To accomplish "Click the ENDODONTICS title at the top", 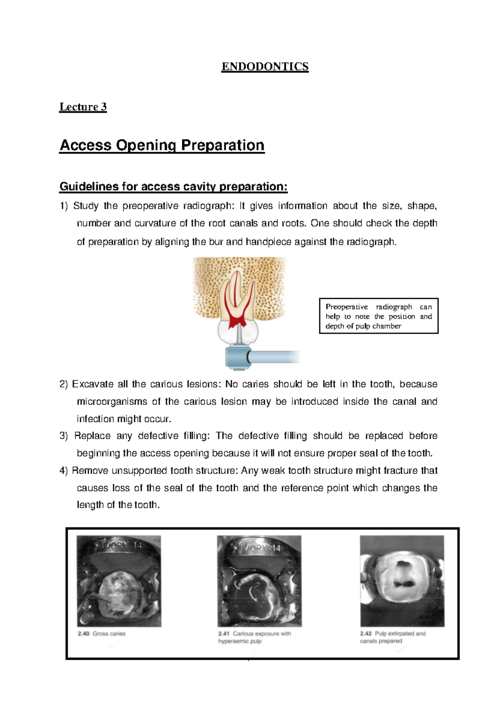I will coord(265,67).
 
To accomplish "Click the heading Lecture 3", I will coord(83,107).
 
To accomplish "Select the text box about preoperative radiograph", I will coord(379,316).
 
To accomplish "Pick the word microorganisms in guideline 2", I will coord(112,401).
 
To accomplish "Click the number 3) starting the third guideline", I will coord(63,436).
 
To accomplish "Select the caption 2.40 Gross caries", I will coord(101,634).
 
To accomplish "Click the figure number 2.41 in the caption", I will coord(224,634).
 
